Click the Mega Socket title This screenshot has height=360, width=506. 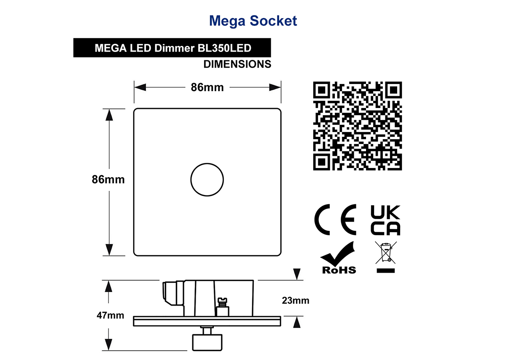pos(253,21)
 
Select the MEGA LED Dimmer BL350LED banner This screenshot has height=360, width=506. pos(172,48)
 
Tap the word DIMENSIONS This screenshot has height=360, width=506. pos(237,64)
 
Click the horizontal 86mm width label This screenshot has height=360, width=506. pos(207,87)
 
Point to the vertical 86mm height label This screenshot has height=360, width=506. pos(108,179)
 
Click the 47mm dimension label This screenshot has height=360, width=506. pos(110,315)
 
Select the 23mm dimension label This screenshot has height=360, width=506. pos(296,300)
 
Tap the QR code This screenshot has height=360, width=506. pos(358,126)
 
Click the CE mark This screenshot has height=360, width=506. pos(335,219)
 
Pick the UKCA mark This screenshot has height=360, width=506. pos(385,220)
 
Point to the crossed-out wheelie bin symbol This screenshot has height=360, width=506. pos(385,257)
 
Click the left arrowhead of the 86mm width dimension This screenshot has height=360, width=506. pos(140,87)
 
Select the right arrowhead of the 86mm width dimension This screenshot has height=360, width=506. pos(275,87)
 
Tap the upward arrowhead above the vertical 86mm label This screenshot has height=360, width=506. pos(109,115)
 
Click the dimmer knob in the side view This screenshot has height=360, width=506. pos(207,342)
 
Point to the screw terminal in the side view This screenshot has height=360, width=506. pos(223,307)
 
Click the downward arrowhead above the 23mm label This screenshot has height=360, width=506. pos(297,274)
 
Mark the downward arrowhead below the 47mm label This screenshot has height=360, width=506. pos(109,345)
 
